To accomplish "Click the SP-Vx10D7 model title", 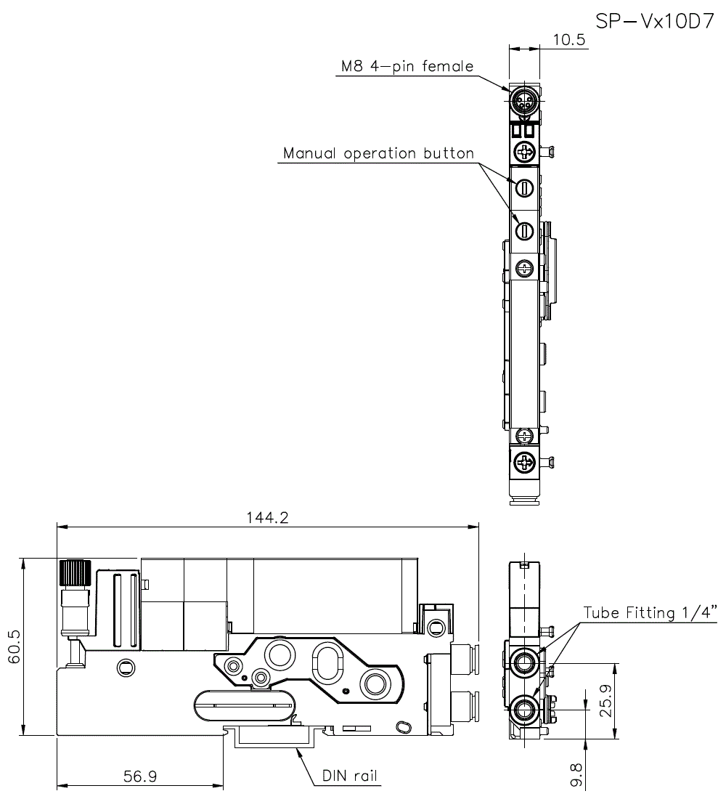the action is pyautogui.click(x=655, y=21).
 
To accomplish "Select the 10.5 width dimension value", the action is pyautogui.click(x=569, y=39).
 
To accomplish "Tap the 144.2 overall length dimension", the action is pyautogui.click(x=267, y=518).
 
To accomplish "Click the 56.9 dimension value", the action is pyautogui.click(x=140, y=776).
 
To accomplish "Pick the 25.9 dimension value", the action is pyautogui.click(x=605, y=701).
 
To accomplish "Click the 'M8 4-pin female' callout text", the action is pyautogui.click(x=407, y=66).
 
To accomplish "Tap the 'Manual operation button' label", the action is pyautogui.click(x=378, y=153).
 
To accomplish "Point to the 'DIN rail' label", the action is pyautogui.click(x=350, y=776).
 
